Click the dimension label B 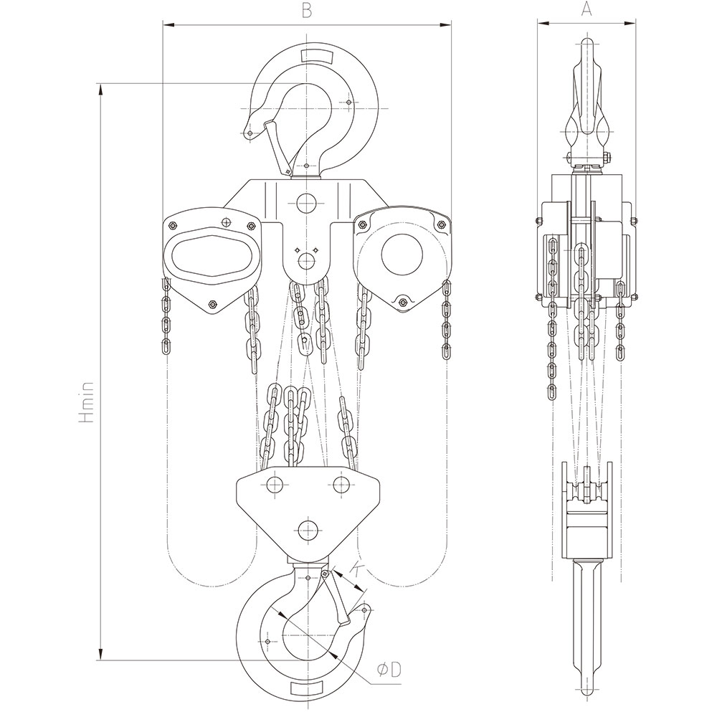(x=306, y=10)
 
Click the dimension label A (x=586, y=9)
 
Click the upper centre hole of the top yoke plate (x=307, y=203)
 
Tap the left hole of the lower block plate (x=273, y=485)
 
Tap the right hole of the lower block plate (x=341, y=485)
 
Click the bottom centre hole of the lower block (x=308, y=531)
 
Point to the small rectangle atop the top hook (x=315, y=55)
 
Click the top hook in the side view (x=587, y=100)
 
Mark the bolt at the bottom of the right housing (x=404, y=302)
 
